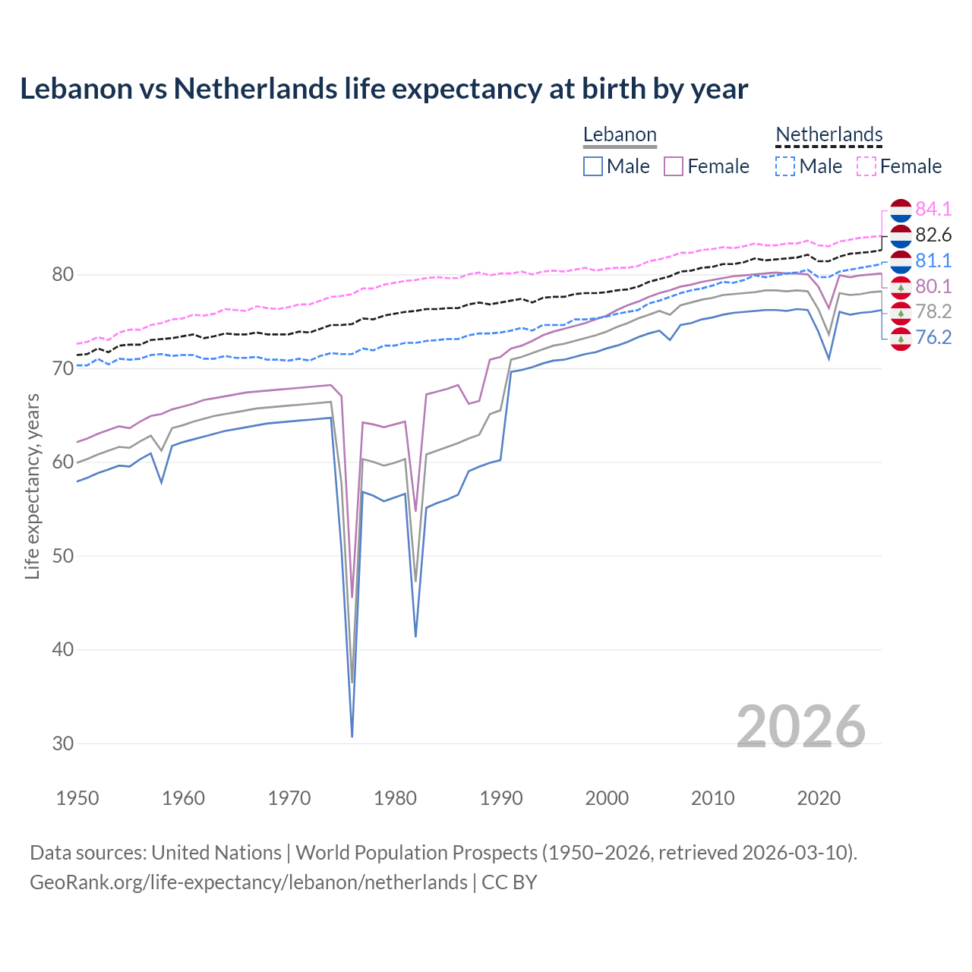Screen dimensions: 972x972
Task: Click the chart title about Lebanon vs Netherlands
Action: click(383, 89)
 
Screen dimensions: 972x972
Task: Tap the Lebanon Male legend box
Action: click(593, 166)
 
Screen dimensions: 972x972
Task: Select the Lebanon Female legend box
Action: click(674, 166)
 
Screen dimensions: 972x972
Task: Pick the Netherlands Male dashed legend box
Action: click(785, 166)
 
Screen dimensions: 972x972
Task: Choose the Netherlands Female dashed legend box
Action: click(866, 166)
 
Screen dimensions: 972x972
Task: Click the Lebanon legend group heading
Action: click(620, 135)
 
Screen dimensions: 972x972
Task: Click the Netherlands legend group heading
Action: click(829, 135)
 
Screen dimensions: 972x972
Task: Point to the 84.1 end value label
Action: click(933, 209)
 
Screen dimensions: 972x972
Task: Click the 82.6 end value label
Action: click(933, 235)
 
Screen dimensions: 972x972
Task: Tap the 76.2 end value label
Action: click(933, 337)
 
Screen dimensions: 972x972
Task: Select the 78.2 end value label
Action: click(933, 311)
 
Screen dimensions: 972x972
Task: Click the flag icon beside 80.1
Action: click(901, 286)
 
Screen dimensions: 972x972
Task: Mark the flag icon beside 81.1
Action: click(901, 260)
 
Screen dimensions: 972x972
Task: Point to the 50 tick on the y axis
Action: click(63, 556)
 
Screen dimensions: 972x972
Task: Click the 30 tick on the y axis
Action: click(63, 743)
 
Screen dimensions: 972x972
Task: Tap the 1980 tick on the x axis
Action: click(395, 798)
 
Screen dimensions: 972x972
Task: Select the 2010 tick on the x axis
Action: click(712, 798)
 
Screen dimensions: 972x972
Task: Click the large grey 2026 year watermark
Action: click(800, 727)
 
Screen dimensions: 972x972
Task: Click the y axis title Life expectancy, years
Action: click(33, 486)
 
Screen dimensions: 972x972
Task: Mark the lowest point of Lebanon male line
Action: click(352, 736)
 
